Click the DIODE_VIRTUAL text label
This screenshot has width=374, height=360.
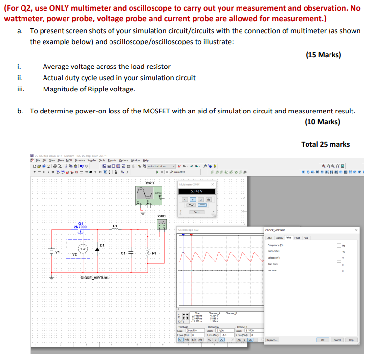(95, 278)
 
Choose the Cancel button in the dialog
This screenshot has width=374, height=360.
(337, 340)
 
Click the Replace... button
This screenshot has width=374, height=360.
(272, 340)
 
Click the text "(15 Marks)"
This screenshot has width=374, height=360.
(323, 55)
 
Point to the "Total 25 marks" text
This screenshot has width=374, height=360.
(325, 144)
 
